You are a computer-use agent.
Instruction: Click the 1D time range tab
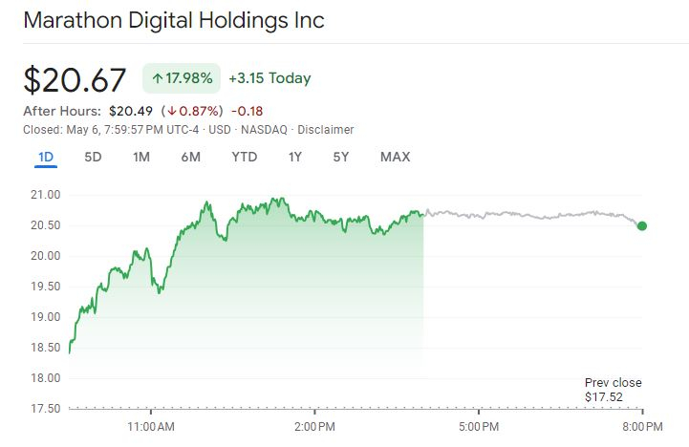[45, 157]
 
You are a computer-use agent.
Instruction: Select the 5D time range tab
[93, 157]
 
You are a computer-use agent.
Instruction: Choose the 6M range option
[190, 157]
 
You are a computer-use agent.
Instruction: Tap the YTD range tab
[245, 157]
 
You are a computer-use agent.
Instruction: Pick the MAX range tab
[395, 157]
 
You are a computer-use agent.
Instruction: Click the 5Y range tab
[341, 157]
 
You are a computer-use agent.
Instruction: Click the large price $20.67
[75, 80]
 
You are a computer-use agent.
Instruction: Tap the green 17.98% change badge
[182, 78]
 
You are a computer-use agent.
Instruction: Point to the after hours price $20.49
[132, 111]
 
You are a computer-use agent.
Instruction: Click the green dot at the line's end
[641, 226]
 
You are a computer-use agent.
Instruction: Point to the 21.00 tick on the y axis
[46, 195]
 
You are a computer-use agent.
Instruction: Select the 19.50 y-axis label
[46, 287]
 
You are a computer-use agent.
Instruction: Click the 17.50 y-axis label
[46, 409]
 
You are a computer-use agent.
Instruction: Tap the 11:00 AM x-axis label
[150, 425]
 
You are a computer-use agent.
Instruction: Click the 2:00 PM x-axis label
[314, 425]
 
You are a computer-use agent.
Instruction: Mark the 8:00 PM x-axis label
[641, 425]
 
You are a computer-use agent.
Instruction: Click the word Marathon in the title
[74, 21]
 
